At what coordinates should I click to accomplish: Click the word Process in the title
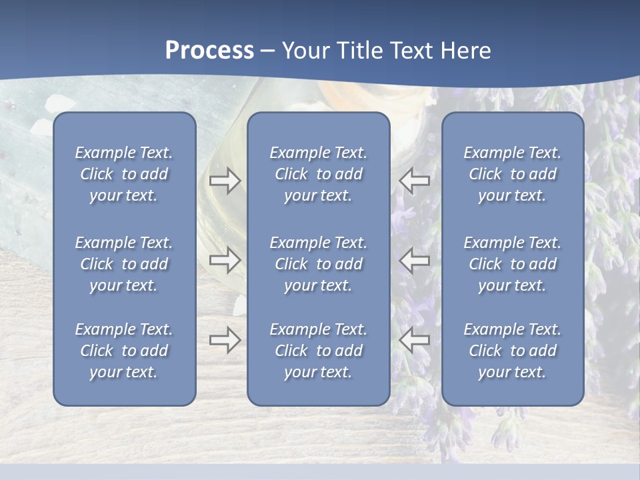(x=209, y=51)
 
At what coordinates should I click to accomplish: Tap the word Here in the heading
(x=465, y=51)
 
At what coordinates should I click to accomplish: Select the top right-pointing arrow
(x=225, y=181)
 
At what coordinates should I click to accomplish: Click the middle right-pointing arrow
(x=225, y=260)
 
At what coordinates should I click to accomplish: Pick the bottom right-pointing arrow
(x=225, y=341)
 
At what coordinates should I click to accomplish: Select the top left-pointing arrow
(x=414, y=181)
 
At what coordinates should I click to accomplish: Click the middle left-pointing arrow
(x=414, y=260)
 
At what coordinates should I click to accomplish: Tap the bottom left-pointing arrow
(x=414, y=341)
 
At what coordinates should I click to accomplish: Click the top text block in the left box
(x=124, y=174)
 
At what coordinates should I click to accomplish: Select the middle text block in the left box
(x=124, y=264)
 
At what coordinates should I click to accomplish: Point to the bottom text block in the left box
(x=124, y=351)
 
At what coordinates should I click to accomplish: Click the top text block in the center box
(x=318, y=174)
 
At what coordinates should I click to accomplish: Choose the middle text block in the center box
(x=318, y=264)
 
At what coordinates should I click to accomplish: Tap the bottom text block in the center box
(x=318, y=351)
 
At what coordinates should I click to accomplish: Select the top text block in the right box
(x=512, y=174)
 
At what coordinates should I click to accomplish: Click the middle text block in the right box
(x=512, y=264)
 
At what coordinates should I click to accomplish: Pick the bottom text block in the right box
(x=512, y=351)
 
